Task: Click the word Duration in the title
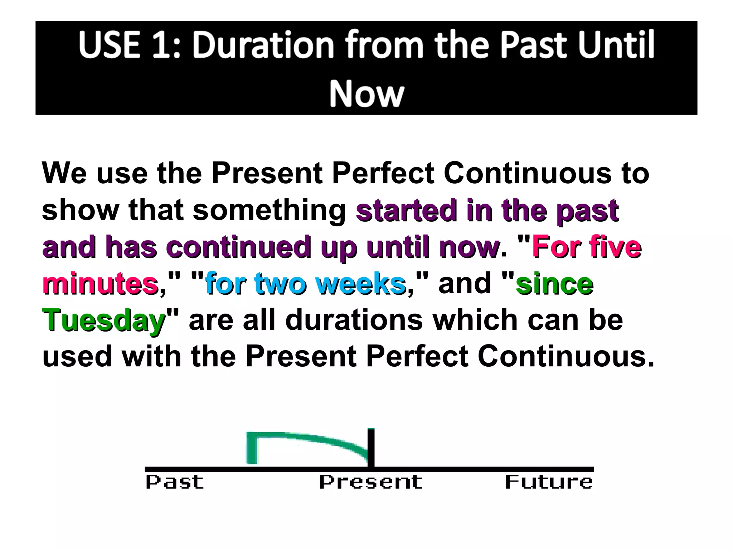point(263,45)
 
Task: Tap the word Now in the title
point(366,94)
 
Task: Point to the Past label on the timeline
point(174,482)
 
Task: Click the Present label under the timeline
point(370,482)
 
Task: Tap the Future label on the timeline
point(549,482)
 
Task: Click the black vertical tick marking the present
point(371,448)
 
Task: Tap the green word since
point(554,284)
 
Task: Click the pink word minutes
point(100,284)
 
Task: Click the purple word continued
point(238,247)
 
